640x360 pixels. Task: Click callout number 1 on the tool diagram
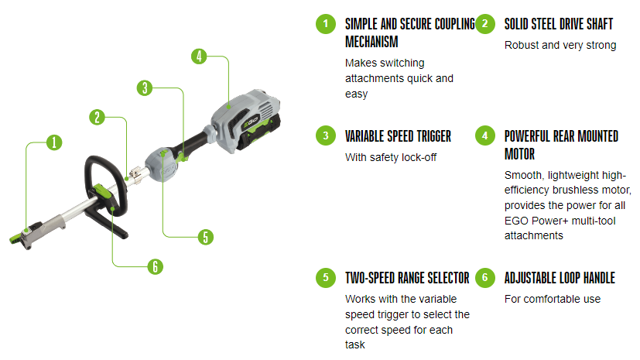(53, 142)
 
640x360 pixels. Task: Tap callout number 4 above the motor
(199, 56)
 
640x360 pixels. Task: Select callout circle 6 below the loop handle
(156, 266)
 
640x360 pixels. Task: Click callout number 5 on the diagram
(205, 236)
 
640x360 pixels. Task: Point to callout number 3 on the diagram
(144, 87)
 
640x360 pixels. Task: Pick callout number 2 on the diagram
(97, 117)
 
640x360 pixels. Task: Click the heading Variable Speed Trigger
(398, 136)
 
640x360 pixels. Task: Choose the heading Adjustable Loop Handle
(560, 277)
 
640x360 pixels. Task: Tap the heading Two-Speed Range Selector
(407, 277)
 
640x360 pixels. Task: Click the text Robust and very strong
(560, 45)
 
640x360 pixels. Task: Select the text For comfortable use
(552, 298)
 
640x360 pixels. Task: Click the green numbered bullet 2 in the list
(485, 23)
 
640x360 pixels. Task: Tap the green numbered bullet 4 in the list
(485, 135)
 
